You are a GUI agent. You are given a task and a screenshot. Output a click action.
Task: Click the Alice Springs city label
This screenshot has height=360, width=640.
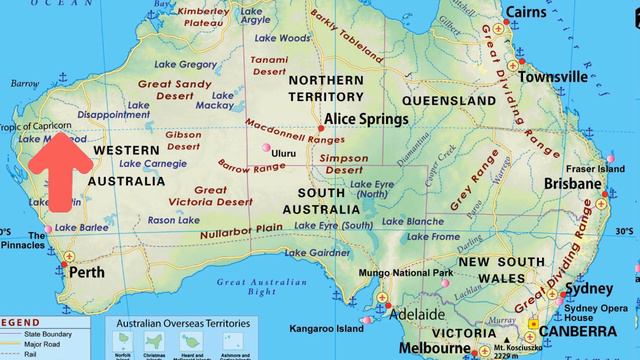[x=365, y=119]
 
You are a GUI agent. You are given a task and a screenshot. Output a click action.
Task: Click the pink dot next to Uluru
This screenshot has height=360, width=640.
[x=265, y=149]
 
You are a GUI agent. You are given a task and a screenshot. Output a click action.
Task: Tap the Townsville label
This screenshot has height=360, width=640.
[x=552, y=77]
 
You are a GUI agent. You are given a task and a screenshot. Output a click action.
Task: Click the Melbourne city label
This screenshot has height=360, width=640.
[x=434, y=348]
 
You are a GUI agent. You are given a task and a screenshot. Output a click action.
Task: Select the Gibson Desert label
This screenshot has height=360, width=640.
[x=184, y=140]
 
